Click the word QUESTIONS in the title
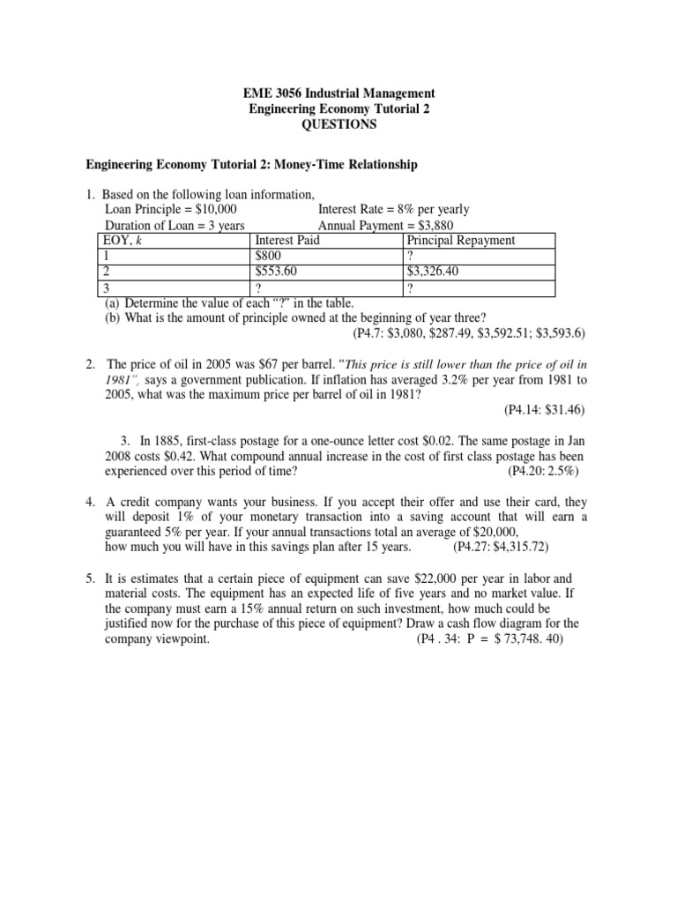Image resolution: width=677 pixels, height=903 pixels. coord(338,124)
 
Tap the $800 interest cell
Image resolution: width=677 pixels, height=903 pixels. coord(268,257)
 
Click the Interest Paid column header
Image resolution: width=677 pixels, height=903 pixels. coord(286,241)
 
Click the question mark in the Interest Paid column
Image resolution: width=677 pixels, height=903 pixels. coord(258,288)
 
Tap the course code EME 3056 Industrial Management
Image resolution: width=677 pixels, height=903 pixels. coord(338,93)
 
